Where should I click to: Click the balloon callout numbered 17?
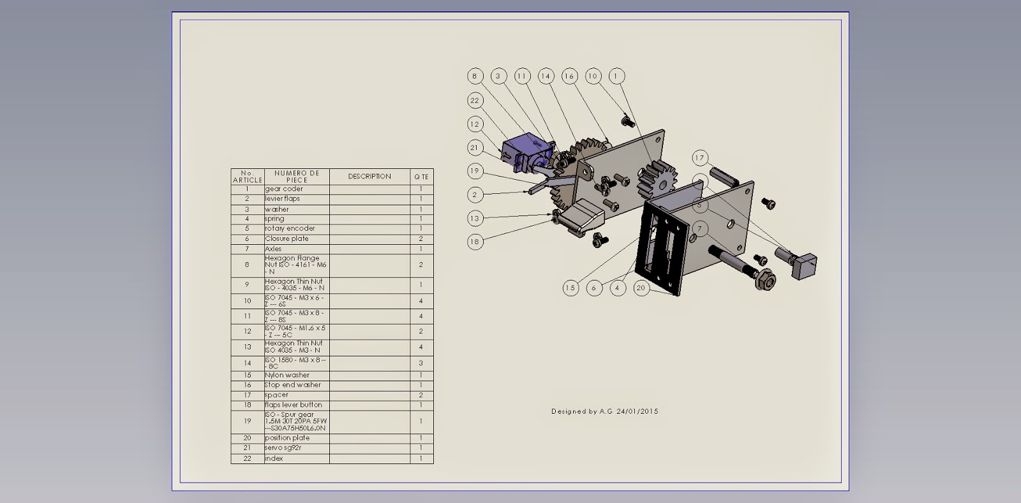point(700,158)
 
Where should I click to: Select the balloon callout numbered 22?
point(474,100)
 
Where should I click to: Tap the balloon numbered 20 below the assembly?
point(641,288)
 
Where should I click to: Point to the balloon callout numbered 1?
point(616,76)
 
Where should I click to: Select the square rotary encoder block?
point(804,265)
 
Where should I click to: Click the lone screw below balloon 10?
point(627,119)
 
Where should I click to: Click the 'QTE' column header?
point(421,177)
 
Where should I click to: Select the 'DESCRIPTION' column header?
point(369,177)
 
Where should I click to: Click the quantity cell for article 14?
point(421,363)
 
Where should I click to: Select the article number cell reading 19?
point(247,421)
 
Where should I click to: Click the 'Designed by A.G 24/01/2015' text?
point(604,411)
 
